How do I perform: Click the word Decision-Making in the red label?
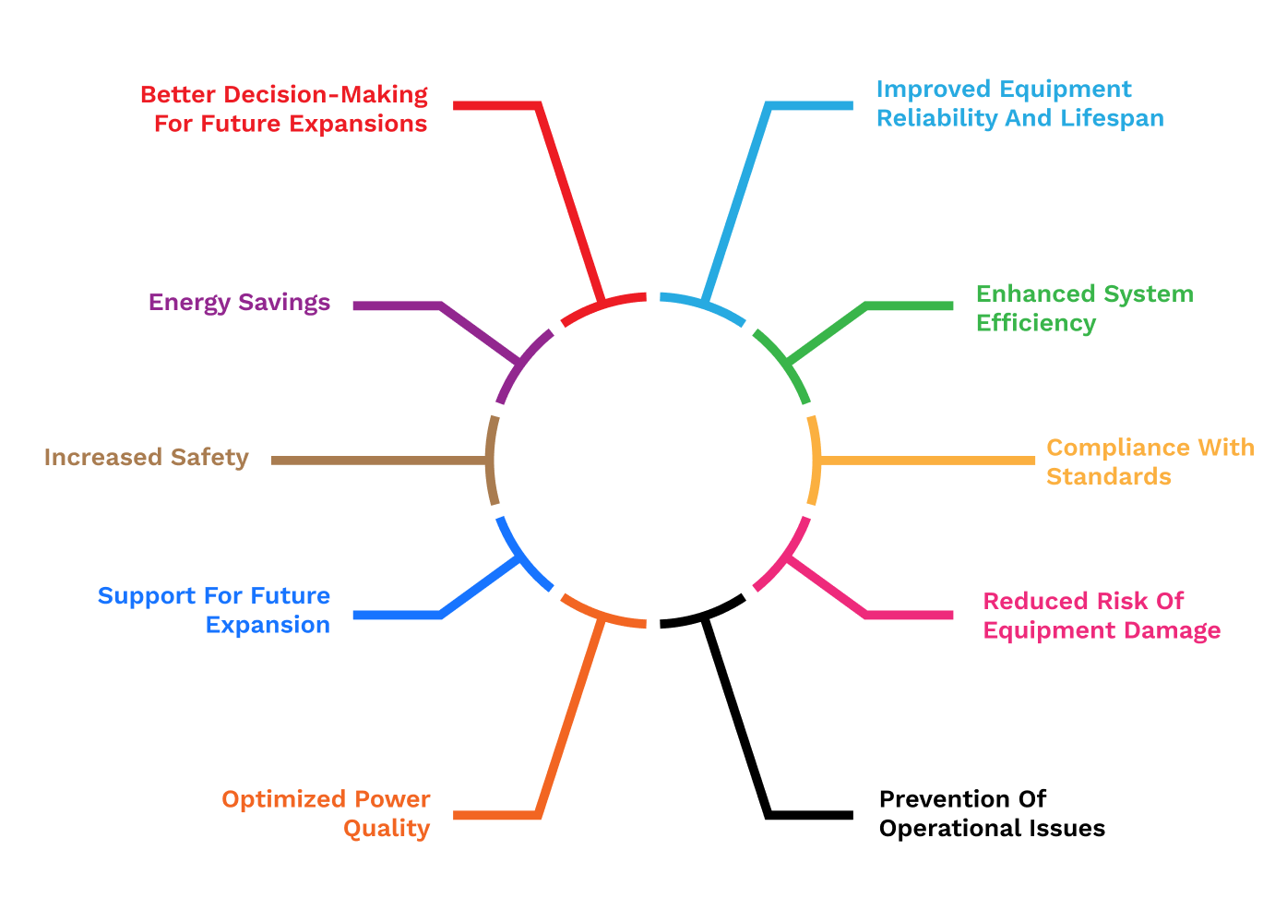(x=327, y=95)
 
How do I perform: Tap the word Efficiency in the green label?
(x=1036, y=323)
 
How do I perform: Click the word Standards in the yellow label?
(x=1109, y=476)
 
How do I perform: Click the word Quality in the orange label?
(x=387, y=828)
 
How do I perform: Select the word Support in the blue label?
(x=137, y=596)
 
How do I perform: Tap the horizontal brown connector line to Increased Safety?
(x=378, y=460)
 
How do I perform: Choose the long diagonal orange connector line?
(x=569, y=718)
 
